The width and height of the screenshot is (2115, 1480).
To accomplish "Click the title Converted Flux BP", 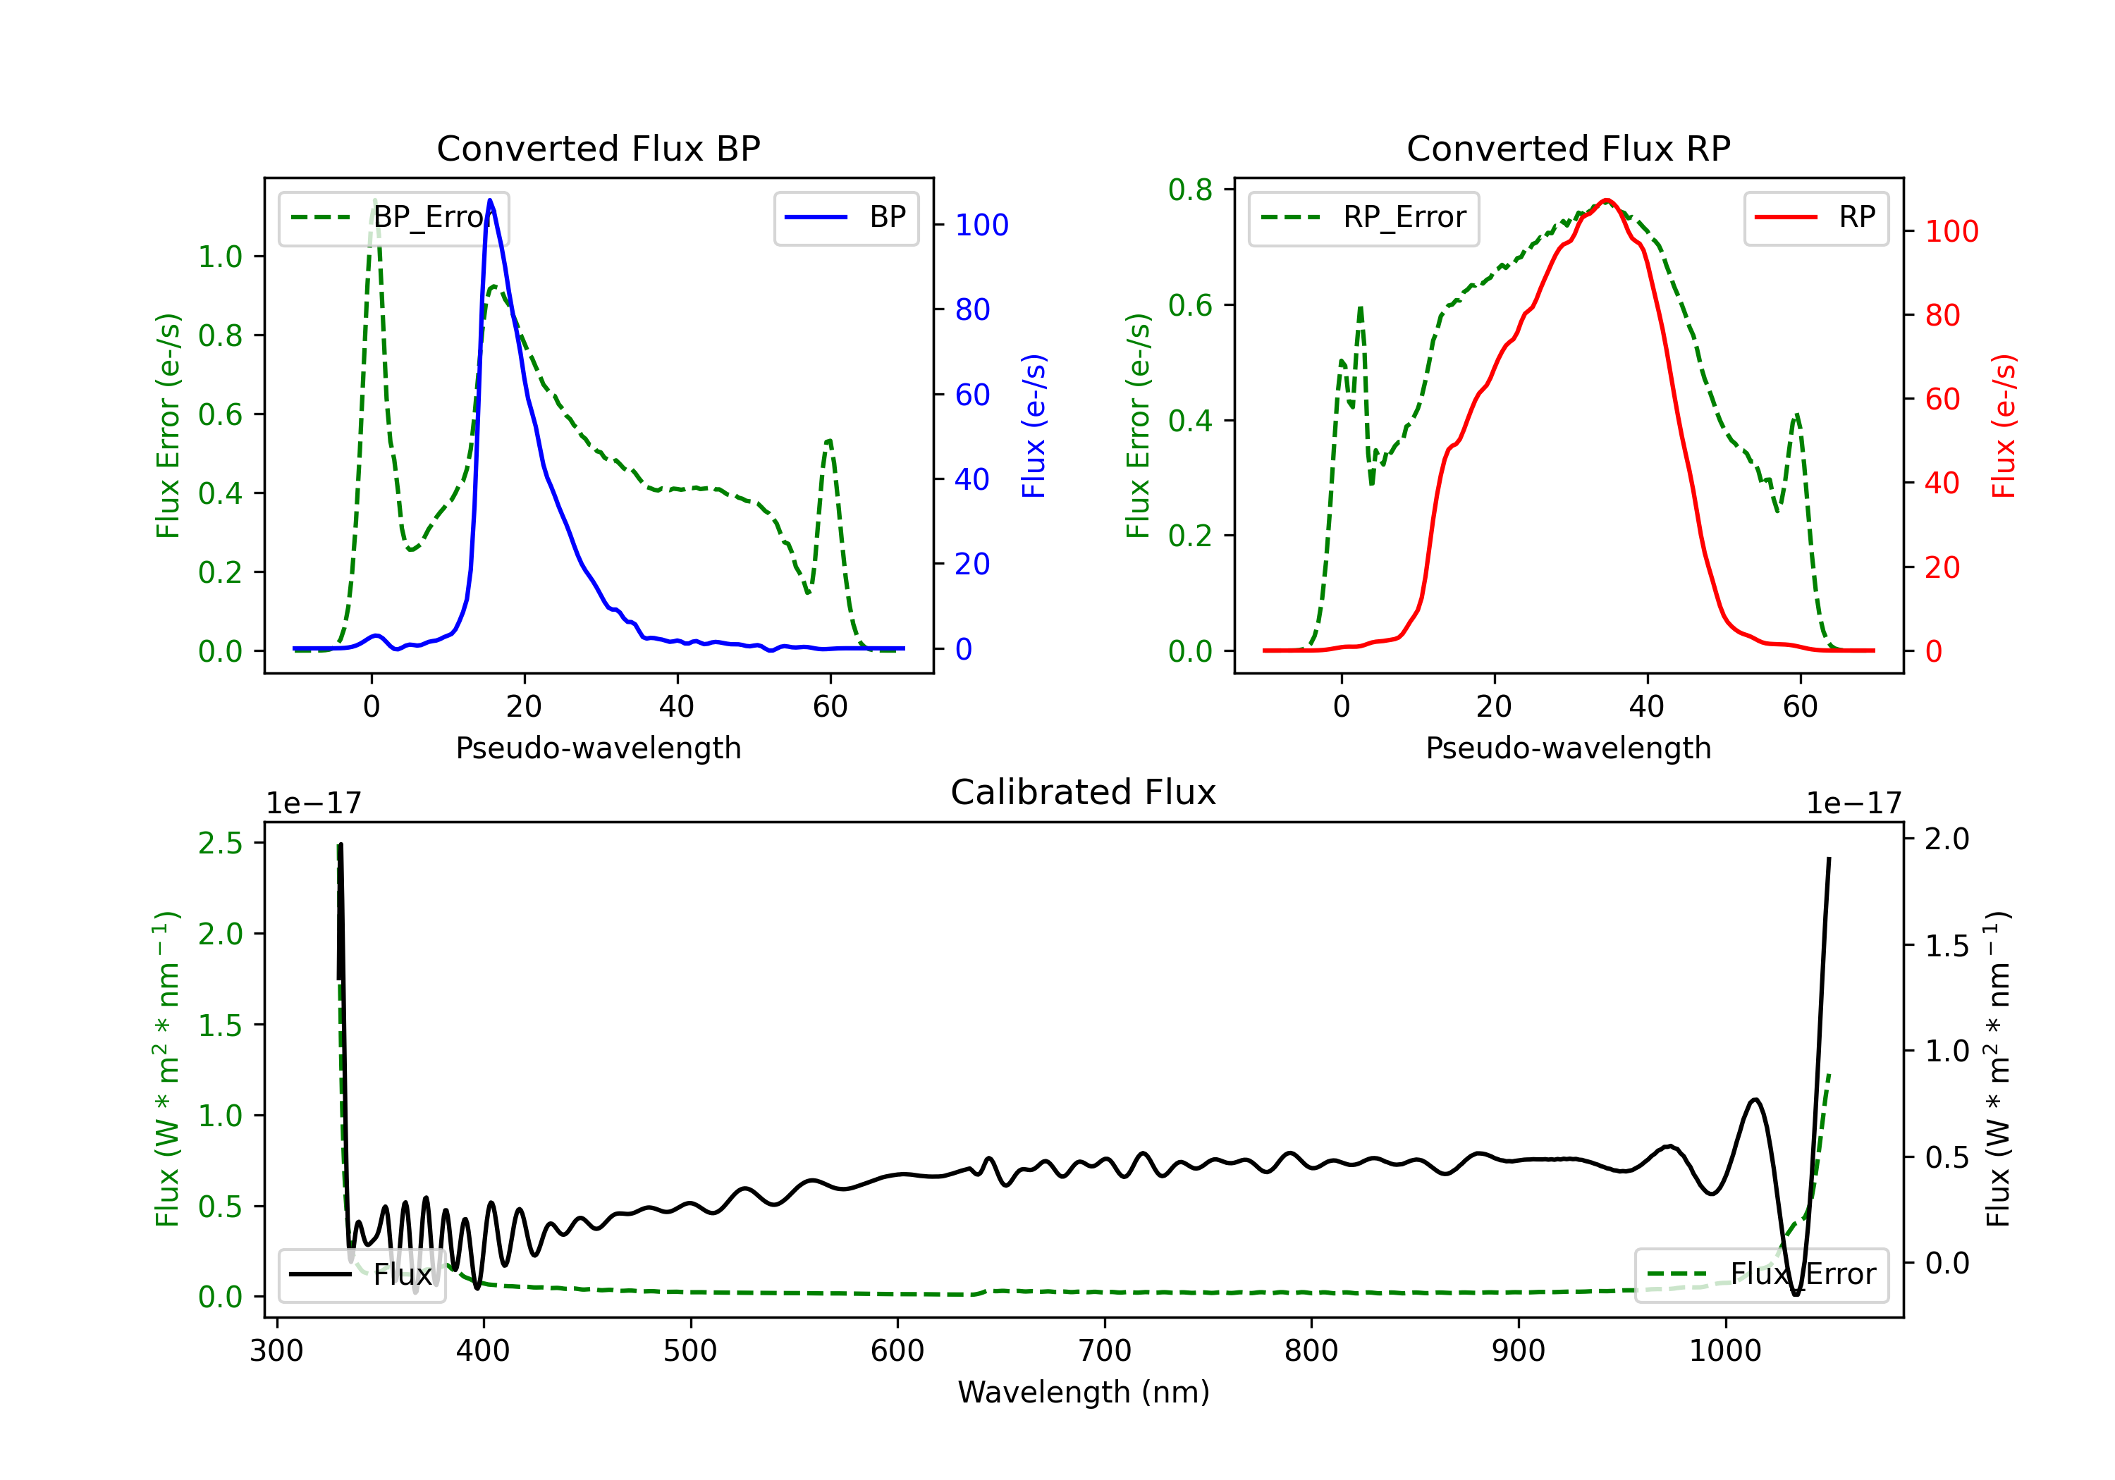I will point(598,148).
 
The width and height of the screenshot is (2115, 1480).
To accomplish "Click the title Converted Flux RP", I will point(1568,148).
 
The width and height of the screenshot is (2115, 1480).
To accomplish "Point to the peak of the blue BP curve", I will point(490,200).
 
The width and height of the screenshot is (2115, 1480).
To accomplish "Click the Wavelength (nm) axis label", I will point(1084,1392).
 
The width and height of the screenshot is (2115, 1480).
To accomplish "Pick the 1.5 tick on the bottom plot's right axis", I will point(1947,946).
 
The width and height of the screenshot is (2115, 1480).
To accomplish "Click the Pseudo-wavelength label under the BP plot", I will point(598,748).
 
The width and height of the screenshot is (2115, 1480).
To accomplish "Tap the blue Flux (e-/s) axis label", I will point(1034,426).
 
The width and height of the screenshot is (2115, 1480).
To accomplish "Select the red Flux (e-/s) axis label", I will point(2004,426).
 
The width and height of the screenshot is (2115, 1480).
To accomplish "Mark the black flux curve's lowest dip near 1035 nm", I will point(1796,1294).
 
